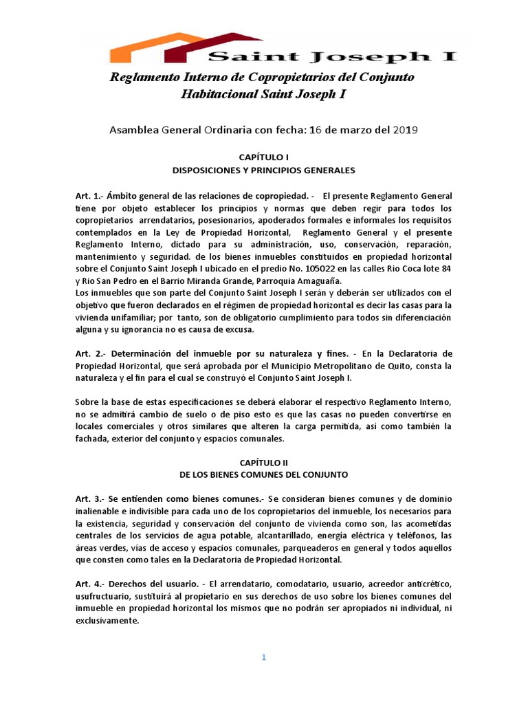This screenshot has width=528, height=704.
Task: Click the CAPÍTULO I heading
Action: click(263, 157)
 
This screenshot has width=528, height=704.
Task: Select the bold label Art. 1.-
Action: click(90, 196)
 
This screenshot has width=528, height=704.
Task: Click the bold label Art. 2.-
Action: click(90, 354)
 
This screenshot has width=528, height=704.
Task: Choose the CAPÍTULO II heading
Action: click(263, 463)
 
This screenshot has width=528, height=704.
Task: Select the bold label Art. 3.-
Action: click(90, 498)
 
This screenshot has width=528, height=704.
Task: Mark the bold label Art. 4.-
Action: click(90, 583)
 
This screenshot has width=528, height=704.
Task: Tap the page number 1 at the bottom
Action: click(263, 657)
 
